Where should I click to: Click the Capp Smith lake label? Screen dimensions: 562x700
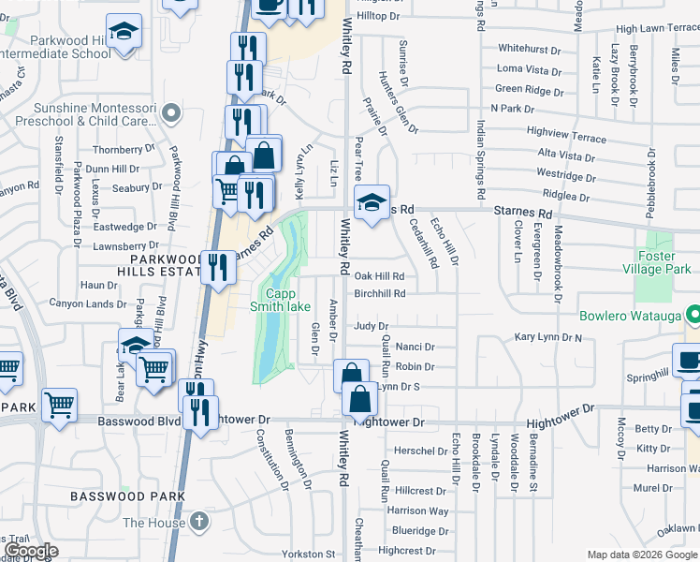pos(280,299)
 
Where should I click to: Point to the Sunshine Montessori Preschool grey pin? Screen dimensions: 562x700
pos(170,114)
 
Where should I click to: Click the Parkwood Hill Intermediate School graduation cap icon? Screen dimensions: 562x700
pos(122,33)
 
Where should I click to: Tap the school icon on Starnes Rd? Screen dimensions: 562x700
pos(372,200)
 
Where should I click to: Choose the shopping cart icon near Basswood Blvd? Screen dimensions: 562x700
pos(59,406)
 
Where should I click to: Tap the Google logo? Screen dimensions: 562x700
pos(31,552)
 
